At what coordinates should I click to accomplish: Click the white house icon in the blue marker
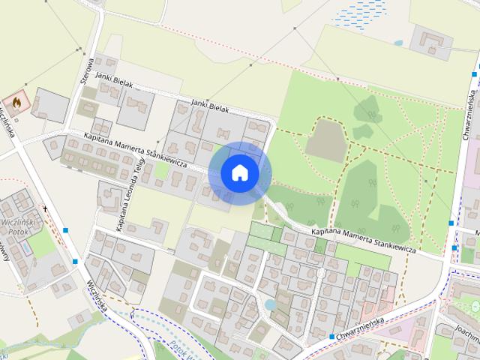coord(240,173)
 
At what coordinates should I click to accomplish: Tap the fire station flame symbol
coord(16,101)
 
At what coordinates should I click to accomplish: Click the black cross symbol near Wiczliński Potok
coord(45,208)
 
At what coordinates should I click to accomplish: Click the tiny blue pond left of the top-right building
coord(397,43)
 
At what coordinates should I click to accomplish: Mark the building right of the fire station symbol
coord(49,106)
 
